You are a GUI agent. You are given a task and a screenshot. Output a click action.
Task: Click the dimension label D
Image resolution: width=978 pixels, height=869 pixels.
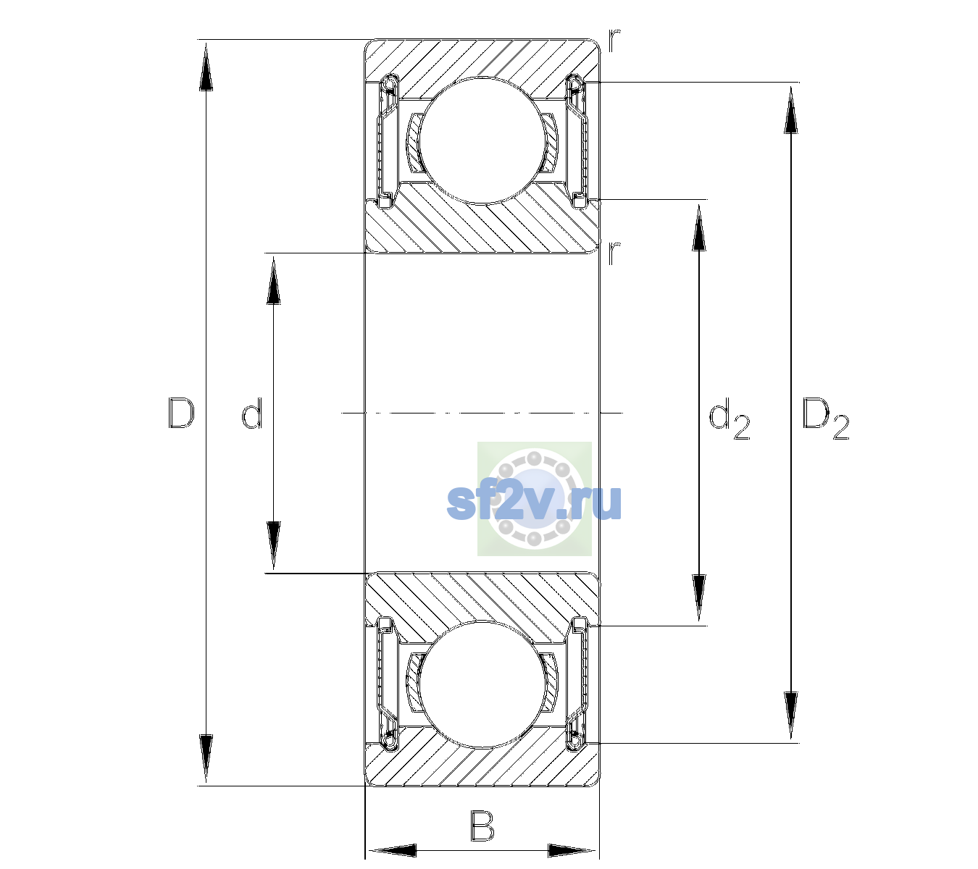pos(180,413)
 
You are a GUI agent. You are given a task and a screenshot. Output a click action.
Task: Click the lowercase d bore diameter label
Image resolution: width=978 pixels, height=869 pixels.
pos(252,413)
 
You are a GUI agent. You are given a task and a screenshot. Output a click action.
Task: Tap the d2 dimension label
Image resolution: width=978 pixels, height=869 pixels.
pos(729,419)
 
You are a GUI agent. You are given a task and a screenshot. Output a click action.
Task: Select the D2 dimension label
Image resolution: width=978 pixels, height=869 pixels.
pos(825,419)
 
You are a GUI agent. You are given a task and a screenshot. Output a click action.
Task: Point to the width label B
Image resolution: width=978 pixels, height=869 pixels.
pos(482,826)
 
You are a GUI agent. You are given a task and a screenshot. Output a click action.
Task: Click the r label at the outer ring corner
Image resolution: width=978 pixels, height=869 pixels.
pos(614,41)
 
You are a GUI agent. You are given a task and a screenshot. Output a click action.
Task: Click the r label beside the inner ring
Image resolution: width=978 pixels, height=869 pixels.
pos(614,253)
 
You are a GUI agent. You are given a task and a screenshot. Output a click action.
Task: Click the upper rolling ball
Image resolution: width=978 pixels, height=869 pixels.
pos(481,140)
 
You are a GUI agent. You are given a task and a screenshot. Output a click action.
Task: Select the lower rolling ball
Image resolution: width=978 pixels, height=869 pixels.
pos(481,684)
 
